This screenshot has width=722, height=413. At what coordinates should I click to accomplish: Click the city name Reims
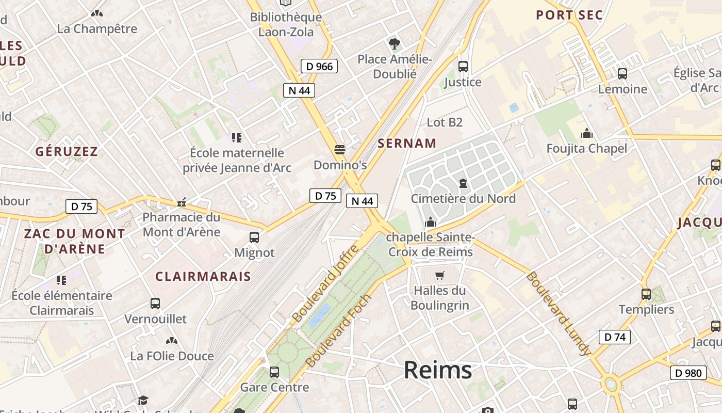click(x=437, y=370)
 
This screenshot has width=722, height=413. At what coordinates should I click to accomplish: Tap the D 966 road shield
click(x=319, y=66)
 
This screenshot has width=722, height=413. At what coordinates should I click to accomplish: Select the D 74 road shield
click(x=615, y=337)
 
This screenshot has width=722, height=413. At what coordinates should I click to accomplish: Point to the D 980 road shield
click(x=688, y=373)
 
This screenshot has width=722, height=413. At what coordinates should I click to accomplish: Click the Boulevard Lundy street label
click(x=558, y=313)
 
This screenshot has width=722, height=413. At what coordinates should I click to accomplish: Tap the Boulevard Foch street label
click(x=339, y=331)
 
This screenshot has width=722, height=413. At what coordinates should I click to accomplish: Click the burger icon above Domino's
click(x=339, y=150)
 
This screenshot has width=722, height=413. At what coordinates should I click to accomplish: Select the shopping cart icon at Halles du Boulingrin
click(x=440, y=275)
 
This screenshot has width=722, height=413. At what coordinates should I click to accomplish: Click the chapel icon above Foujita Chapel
click(x=587, y=134)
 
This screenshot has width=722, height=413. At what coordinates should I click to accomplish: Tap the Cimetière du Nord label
click(x=463, y=199)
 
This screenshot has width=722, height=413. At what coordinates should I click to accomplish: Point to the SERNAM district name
click(x=407, y=144)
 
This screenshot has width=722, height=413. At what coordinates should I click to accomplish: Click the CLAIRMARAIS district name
click(x=203, y=276)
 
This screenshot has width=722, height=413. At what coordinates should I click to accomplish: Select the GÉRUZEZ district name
click(x=67, y=152)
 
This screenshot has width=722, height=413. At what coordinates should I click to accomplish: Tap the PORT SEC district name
click(x=569, y=15)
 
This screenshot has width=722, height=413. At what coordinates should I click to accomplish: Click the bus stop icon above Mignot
click(x=254, y=237)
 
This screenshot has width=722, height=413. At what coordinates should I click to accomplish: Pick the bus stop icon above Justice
click(x=463, y=67)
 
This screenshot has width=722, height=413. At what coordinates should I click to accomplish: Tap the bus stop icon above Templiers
click(x=646, y=294)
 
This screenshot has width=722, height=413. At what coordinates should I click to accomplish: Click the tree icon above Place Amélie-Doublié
click(x=395, y=44)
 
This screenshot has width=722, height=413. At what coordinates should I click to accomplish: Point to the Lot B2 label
click(x=445, y=122)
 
